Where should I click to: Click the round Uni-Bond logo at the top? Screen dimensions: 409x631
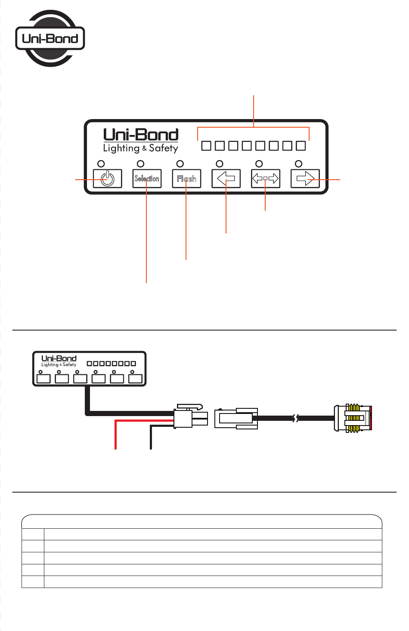tap(50, 38)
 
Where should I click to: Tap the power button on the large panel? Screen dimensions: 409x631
tap(108, 178)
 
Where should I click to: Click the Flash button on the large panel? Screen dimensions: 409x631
tap(186, 178)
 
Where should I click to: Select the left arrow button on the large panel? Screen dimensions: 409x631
tap(226, 178)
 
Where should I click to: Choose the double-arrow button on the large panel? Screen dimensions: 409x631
tap(266, 178)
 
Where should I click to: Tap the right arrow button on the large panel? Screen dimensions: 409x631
tap(305, 178)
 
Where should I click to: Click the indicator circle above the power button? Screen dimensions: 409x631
tap(101, 164)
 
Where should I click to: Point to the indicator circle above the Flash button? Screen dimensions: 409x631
tap(180, 164)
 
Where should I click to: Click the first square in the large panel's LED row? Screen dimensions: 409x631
tap(206, 146)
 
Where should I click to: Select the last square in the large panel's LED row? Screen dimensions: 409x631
tap(301, 146)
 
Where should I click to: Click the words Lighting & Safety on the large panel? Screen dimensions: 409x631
tap(140, 148)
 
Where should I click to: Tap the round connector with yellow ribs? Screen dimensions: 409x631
tap(353, 418)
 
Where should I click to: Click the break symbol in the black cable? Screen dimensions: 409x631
tap(296, 418)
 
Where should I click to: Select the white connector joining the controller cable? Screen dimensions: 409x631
tap(191, 417)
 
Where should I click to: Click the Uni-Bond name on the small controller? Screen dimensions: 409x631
tap(59, 358)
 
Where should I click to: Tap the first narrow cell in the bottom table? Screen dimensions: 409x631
tap(33, 534)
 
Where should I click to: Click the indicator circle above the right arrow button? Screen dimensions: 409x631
tap(298, 164)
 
